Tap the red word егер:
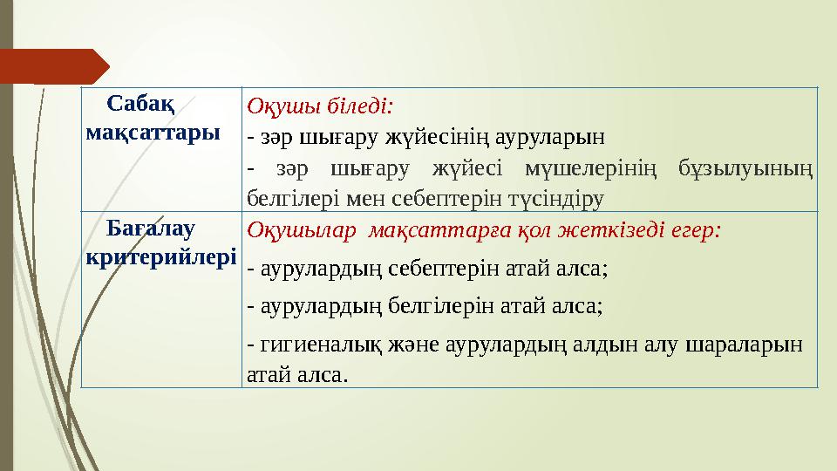pos(694,231)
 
